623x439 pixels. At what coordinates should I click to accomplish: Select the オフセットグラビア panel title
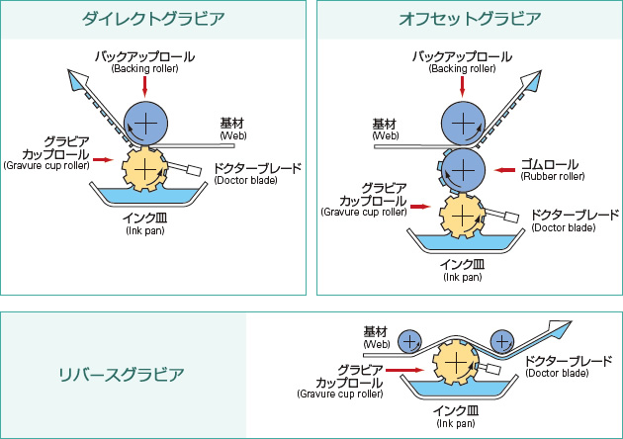click(469, 19)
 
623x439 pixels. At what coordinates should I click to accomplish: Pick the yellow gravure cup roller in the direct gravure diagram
click(145, 170)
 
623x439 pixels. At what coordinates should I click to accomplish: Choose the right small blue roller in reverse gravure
click(502, 341)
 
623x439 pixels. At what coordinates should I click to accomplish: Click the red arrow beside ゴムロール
click(505, 170)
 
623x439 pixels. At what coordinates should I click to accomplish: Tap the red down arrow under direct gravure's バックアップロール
click(145, 87)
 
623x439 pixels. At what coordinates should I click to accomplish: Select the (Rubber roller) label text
click(554, 177)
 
